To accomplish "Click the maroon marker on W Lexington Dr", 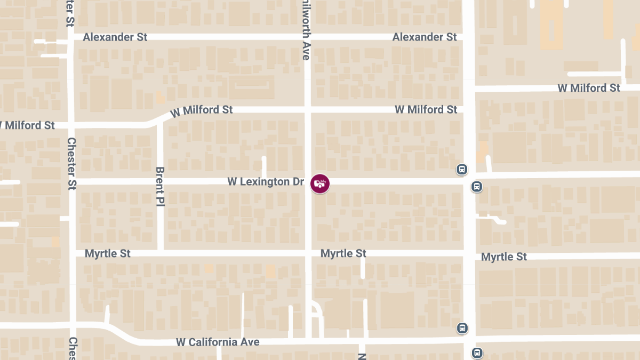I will pyautogui.click(x=320, y=183).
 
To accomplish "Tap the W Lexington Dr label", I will pyautogui.click(x=266, y=182).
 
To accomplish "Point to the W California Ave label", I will pyautogui.click(x=218, y=342).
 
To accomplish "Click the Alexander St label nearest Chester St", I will pyautogui.click(x=115, y=37).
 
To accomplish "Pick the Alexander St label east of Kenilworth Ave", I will pyautogui.click(x=425, y=37).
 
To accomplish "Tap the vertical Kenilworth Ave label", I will pyautogui.click(x=306, y=30).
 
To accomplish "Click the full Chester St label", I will pyautogui.click(x=72, y=164).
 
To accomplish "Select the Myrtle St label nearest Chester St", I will pyautogui.click(x=108, y=253).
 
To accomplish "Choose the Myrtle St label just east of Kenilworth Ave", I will pyautogui.click(x=343, y=253).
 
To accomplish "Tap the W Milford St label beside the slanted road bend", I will pyautogui.click(x=202, y=110).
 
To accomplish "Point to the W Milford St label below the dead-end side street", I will pyautogui.click(x=589, y=88).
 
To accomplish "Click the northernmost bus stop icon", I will pyautogui.click(x=462, y=170).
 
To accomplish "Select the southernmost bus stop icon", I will pyautogui.click(x=477, y=353).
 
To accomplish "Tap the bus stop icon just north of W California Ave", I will pyautogui.click(x=462, y=328).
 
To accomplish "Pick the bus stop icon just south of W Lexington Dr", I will pyautogui.click(x=477, y=187).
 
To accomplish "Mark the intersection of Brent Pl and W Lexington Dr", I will pyautogui.click(x=160, y=182).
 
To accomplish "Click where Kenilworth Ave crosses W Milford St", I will pyautogui.click(x=308, y=109).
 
